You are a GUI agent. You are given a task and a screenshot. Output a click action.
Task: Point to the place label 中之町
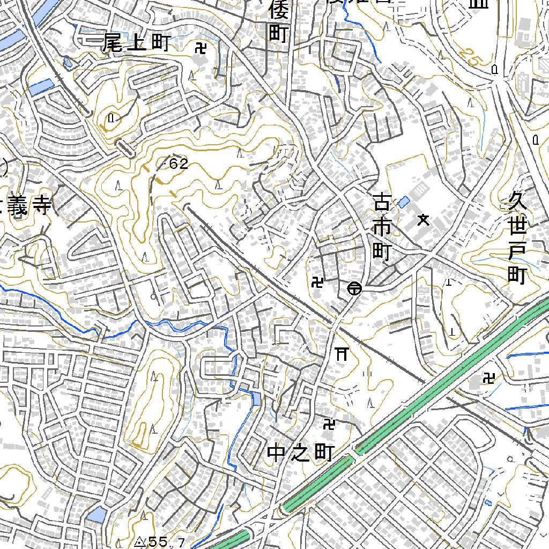300,454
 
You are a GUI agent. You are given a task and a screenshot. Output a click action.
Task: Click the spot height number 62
179,164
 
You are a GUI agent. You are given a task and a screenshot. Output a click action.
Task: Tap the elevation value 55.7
167,542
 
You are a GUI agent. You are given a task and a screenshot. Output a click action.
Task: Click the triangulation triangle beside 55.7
140,542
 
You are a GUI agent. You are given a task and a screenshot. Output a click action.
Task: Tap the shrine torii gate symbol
342,353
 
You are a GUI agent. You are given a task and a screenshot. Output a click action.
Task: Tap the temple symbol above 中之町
329,425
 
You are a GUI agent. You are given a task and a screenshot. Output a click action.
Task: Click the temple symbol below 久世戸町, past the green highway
488,379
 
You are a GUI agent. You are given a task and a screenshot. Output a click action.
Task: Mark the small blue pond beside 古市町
404,202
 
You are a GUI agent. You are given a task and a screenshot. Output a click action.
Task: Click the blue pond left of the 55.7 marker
97,515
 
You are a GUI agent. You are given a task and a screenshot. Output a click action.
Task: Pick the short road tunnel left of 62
126,148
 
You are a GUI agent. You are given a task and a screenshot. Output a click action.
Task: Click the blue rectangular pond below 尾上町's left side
42,87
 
